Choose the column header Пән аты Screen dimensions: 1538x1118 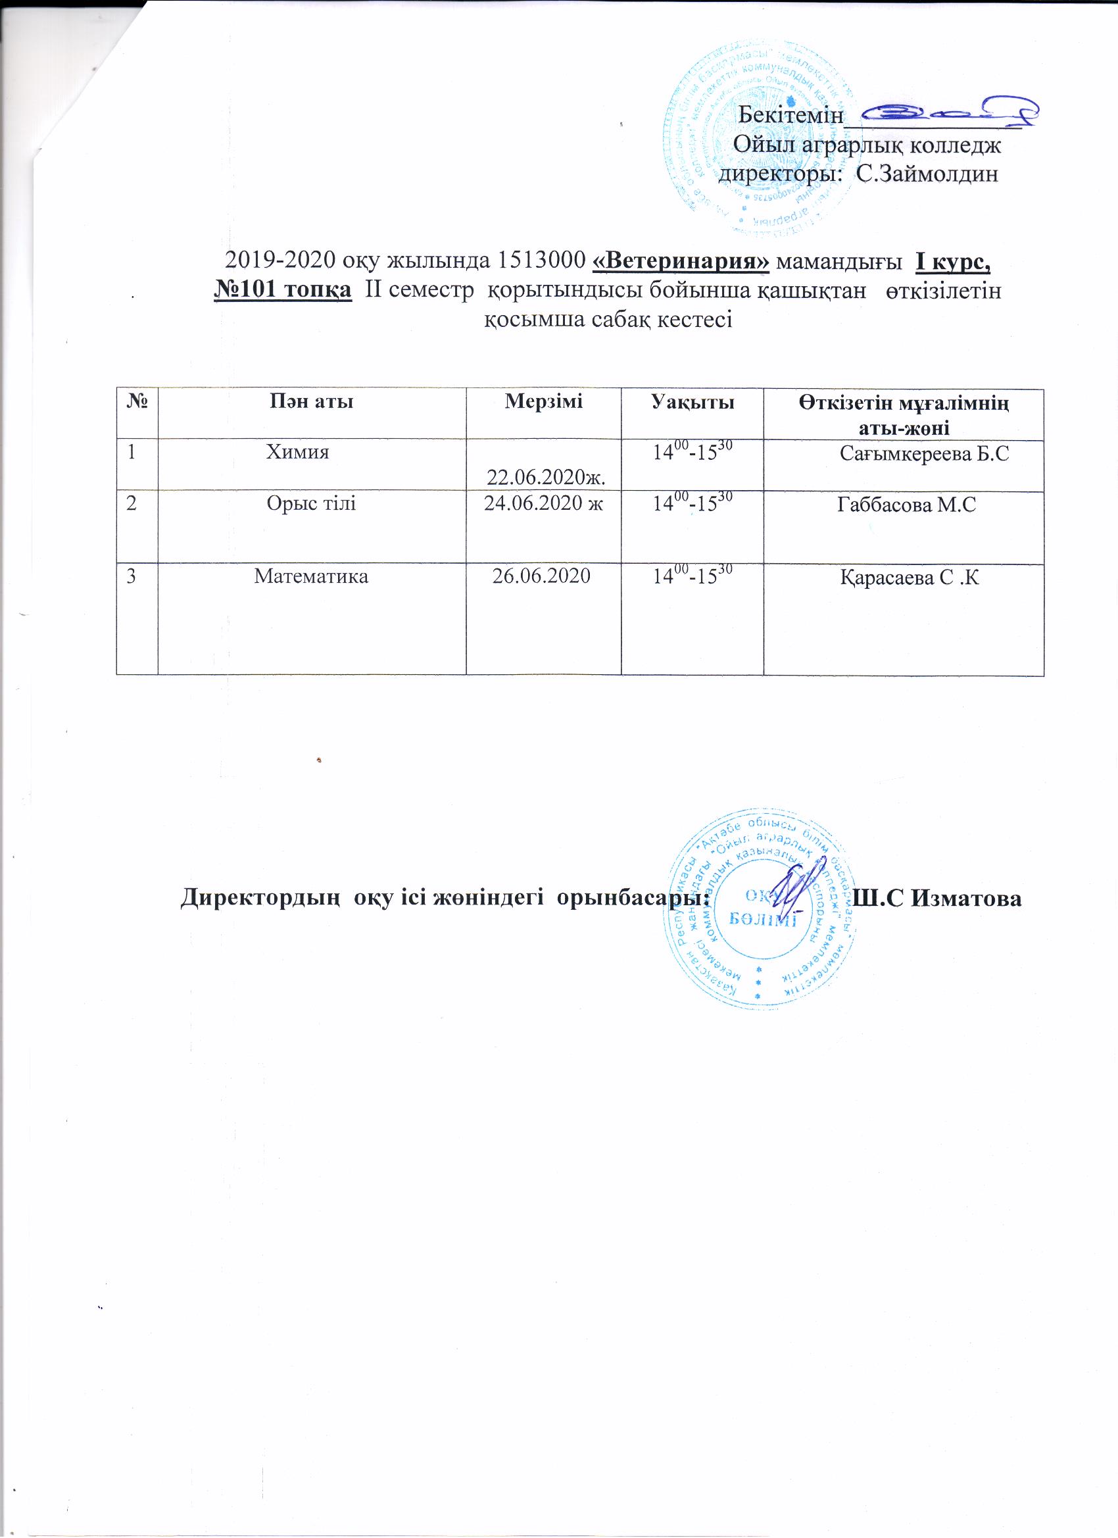(311, 402)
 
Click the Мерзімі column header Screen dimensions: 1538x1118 (543, 401)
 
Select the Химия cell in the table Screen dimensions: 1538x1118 (298, 452)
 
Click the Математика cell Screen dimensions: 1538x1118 (311, 576)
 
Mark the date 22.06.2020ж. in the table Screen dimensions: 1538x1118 (546, 478)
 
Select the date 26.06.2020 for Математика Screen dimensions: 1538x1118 (541, 576)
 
